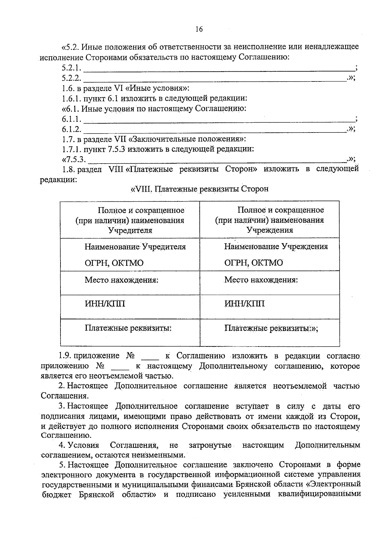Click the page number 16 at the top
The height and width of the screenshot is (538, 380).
click(199, 29)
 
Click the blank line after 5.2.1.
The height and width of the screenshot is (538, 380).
click(218, 68)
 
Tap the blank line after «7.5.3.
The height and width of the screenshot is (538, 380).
click(217, 160)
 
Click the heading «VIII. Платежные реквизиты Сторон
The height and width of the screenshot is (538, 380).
click(199, 189)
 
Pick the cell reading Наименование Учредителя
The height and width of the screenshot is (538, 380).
click(135, 247)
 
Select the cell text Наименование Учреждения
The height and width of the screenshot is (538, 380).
click(276, 247)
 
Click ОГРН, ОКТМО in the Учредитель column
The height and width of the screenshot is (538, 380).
click(114, 263)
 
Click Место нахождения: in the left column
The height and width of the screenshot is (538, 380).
click(121, 280)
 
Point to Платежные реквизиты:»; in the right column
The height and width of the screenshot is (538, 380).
click(271, 328)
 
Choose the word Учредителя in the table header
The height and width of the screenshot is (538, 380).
click(130, 230)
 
